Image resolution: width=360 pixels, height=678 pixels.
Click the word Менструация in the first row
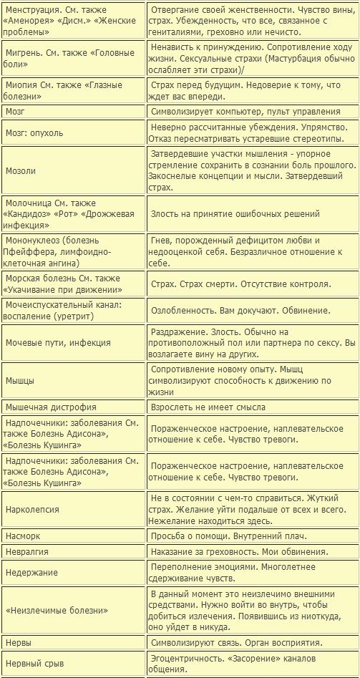(x=31, y=9)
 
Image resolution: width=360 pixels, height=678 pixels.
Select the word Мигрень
(x=24, y=53)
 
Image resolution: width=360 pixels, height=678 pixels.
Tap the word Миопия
(x=22, y=84)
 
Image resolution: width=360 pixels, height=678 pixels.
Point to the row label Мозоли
(x=21, y=171)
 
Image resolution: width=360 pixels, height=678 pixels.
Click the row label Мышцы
(x=20, y=380)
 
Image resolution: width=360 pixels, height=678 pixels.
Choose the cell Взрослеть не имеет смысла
(x=208, y=407)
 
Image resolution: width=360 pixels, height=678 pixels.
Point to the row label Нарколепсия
(x=32, y=510)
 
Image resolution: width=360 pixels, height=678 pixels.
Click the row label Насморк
(x=23, y=536)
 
